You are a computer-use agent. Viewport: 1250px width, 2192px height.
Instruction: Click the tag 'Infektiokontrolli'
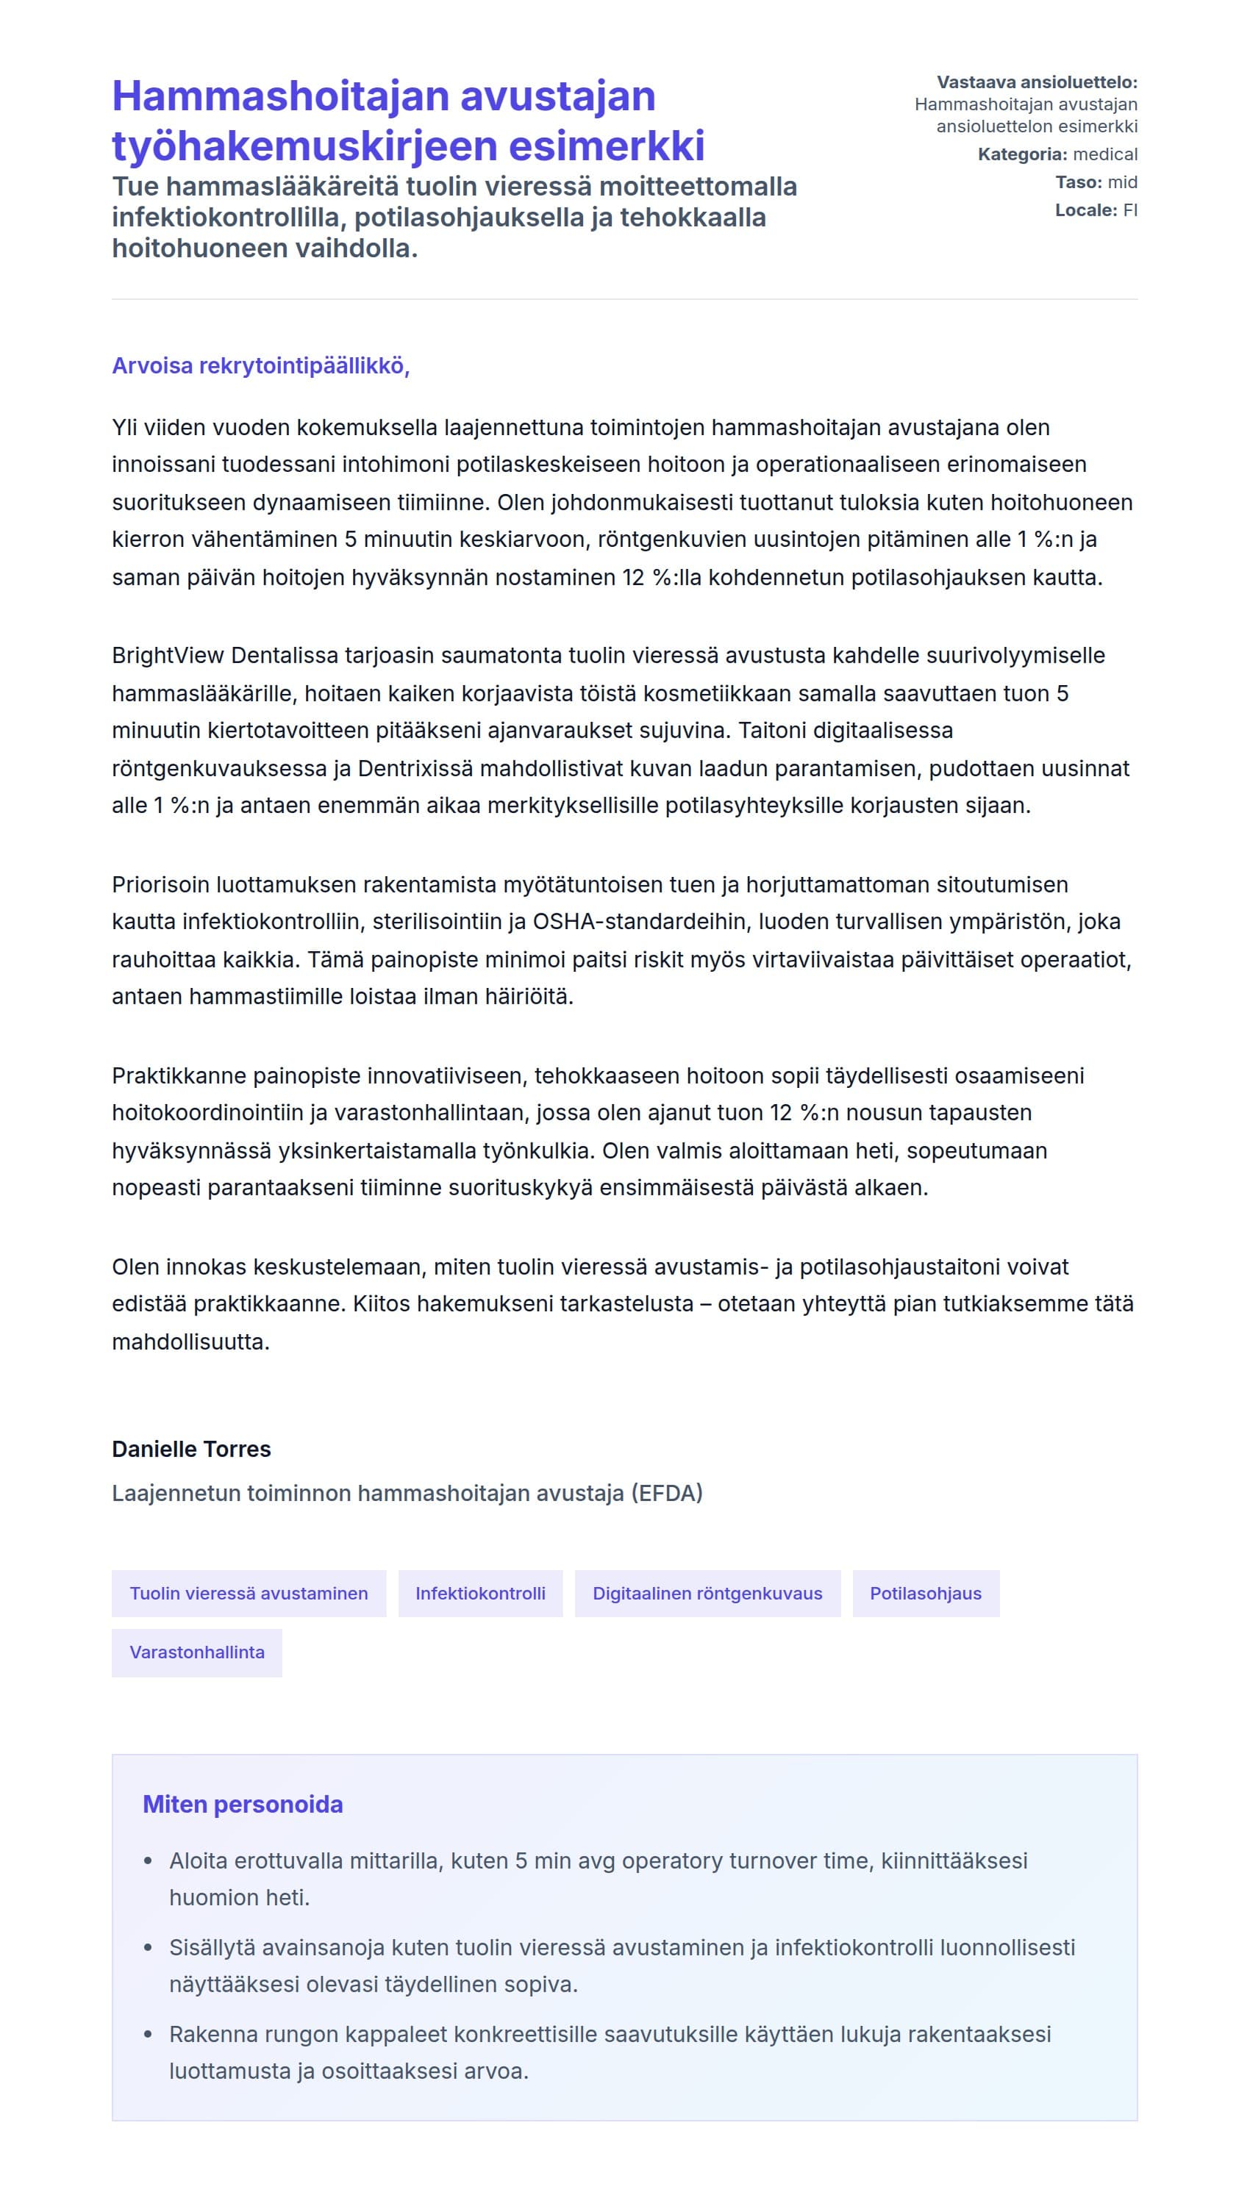tap(480, 1593)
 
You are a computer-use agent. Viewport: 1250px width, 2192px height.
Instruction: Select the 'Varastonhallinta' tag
tap(196, 1652)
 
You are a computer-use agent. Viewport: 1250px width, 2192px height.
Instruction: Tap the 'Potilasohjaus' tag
tap(926, 1593)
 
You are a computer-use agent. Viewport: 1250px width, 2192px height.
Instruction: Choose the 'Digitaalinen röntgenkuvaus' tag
tap(707, 1593)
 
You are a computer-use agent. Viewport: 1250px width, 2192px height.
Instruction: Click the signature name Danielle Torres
tap(190, 1449)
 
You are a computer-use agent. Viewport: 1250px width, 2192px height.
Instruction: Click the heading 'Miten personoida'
tap(242, 1804)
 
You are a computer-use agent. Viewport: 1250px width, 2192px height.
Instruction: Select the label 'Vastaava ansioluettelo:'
tap(1036, 82)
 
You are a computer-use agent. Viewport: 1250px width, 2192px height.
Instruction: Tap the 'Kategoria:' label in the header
tap(1021, 154)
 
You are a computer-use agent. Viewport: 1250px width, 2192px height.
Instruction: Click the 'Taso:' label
tap(1077, 182)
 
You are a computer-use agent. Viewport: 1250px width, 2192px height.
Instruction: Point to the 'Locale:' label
tap(1085, 210)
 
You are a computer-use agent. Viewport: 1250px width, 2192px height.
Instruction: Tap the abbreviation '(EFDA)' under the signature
tap(667, 1494)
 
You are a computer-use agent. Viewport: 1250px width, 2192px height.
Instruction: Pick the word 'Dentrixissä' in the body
tap(415, 768)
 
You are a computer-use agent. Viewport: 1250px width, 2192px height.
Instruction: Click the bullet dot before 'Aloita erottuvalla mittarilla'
tap(149, 1861)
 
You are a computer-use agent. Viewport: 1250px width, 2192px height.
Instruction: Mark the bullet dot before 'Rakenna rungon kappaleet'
tap(149, 2035)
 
